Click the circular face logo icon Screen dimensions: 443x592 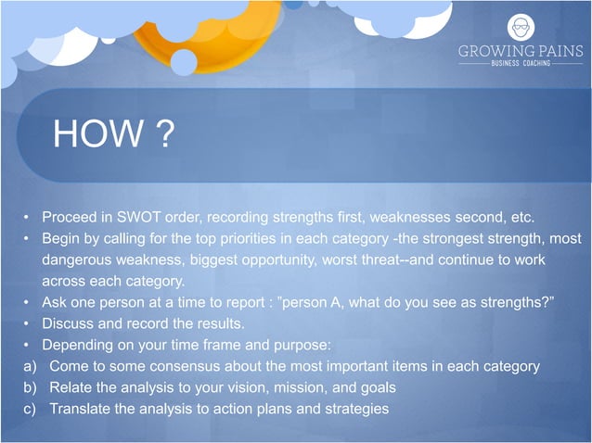[x=521, y=27]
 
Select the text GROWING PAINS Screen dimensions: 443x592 [x=521, y=52]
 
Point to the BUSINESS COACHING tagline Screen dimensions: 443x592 [x=521, y=64]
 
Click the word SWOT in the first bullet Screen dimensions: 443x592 [x=139, y=218]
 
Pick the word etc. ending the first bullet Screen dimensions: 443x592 [x=521, y=218]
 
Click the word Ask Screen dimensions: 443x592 [x=55, y=302]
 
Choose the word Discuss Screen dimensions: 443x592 [x=68, y=323]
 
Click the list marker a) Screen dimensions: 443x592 [x=31, y=366]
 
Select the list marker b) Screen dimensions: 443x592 [x=31, y=387]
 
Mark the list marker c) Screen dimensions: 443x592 [x=31, y=409]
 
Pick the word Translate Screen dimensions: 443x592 [x=81, y=409]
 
